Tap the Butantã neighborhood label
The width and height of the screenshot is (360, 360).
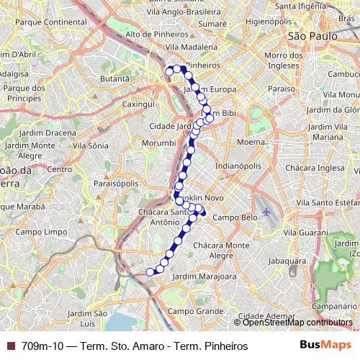115,78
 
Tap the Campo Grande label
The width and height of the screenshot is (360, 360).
186,310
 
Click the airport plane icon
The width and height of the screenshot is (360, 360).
268,212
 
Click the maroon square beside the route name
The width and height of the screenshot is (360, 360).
10,346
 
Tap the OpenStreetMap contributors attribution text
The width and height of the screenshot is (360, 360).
297,322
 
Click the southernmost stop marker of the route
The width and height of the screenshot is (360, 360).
150,271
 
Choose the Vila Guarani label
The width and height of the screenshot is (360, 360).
302,233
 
